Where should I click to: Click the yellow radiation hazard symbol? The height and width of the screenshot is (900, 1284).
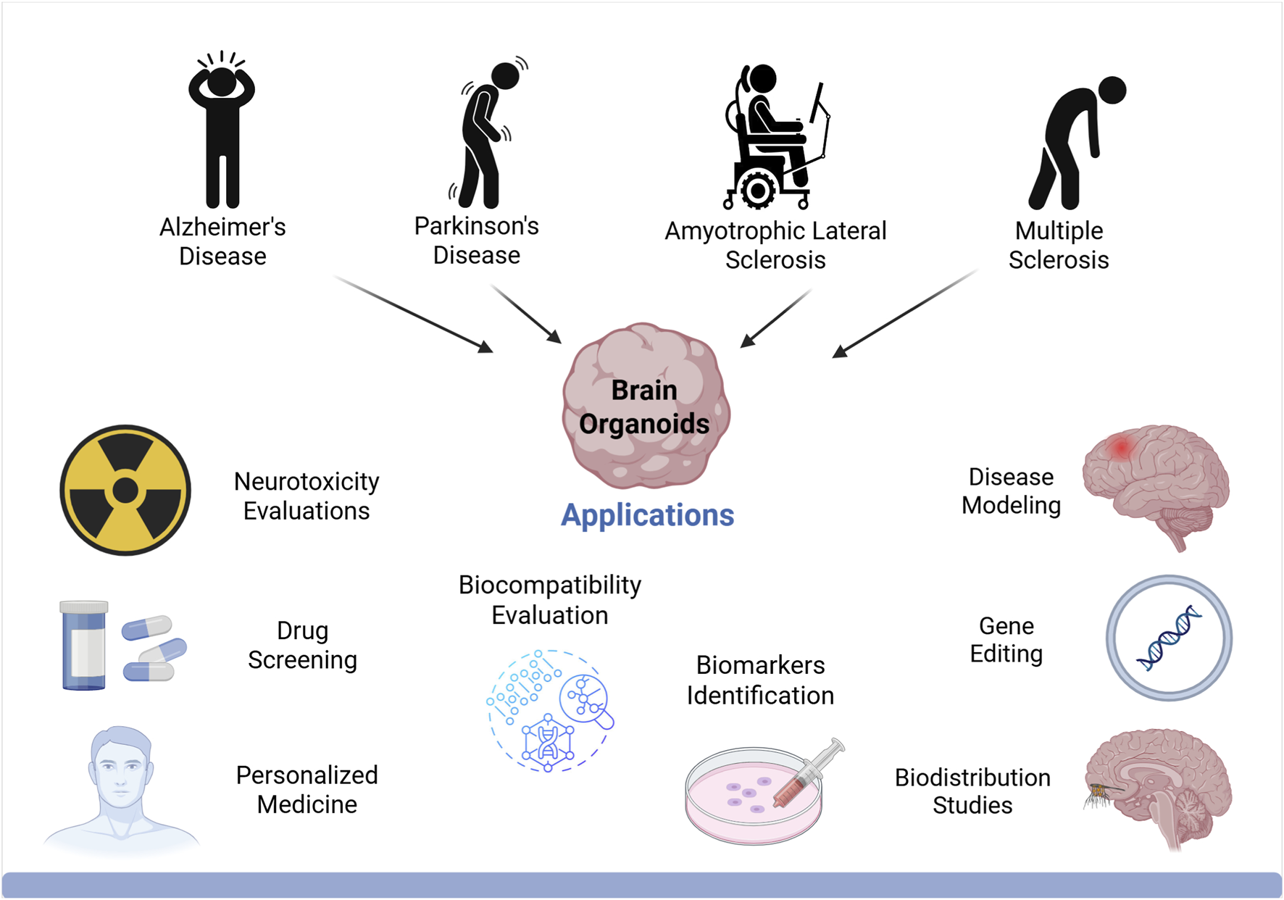(125, 491)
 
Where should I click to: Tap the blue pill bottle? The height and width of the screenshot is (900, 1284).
(83, 645)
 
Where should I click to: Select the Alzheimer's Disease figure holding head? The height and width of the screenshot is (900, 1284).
(222, 130)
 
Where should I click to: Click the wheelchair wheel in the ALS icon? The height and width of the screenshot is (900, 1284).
(758, 191)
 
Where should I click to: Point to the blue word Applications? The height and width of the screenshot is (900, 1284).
(647, 515)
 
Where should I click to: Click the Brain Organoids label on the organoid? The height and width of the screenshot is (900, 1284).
(644, 407)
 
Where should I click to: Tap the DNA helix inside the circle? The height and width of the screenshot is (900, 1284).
(1168, 638)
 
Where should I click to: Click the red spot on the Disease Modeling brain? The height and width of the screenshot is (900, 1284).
(1121, 448)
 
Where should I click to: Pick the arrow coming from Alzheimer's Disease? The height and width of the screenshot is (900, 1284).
(413, 314)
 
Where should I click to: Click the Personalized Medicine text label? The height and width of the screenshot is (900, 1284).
(307, 790)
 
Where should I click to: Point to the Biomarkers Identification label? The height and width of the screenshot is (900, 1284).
(760, 680)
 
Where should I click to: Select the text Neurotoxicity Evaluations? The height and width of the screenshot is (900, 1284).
(307, 496)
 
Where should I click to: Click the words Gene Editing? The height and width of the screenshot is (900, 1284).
(1006, 640)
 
